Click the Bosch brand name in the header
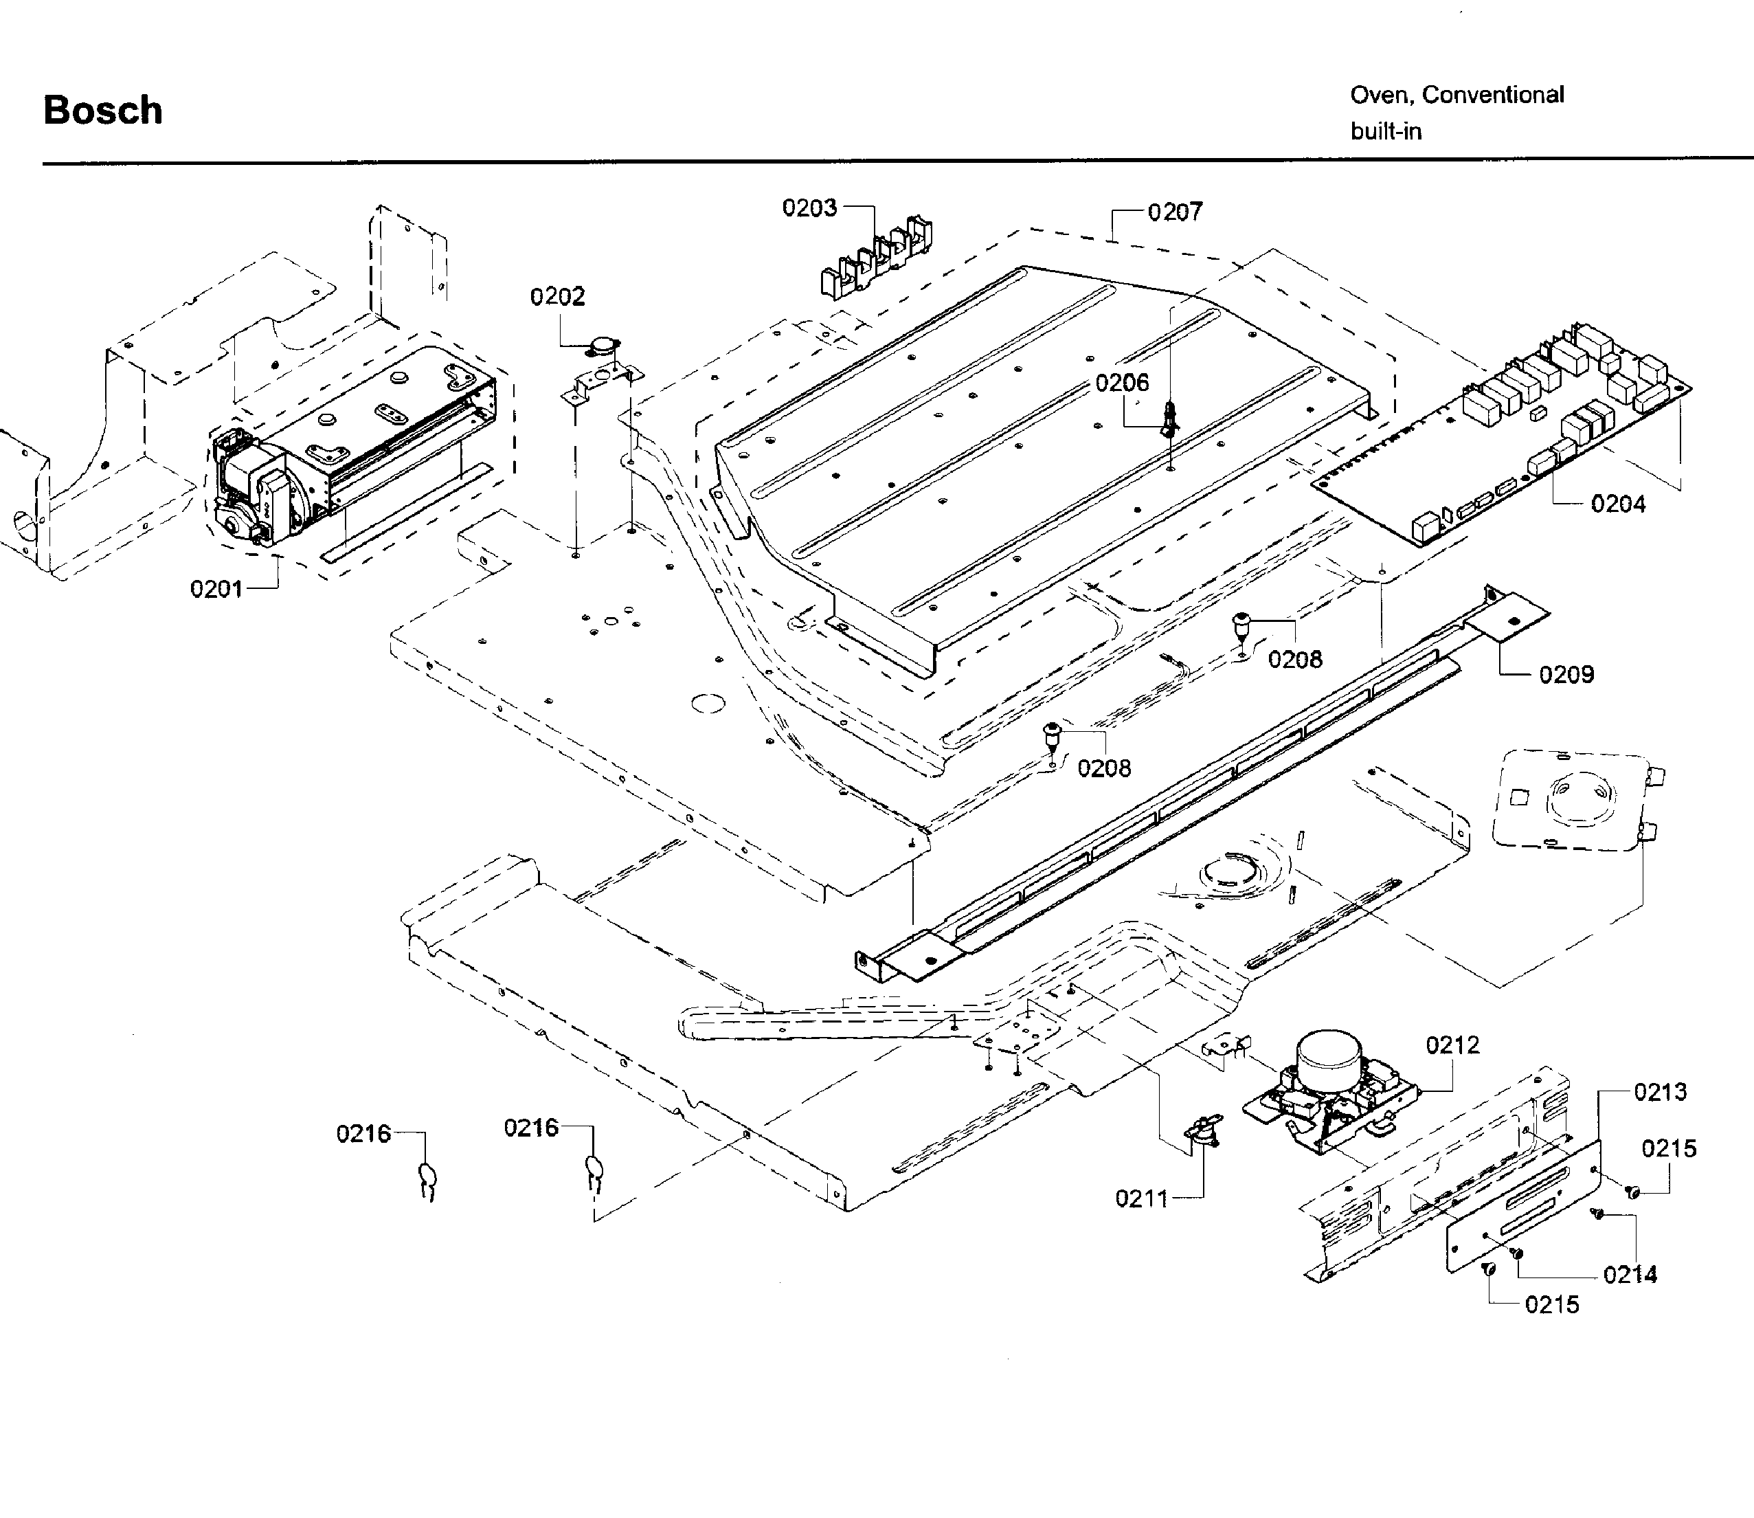click(x=102, y=111)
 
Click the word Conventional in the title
click(x=1492, y=95)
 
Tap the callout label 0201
click(x=217, y=589)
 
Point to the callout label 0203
click(x=809, y=208)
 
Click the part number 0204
click(x=1618, y=504)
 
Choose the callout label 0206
click(x=1122, y=383)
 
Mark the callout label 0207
click(x=1175, y=212)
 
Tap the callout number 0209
click(x=1566, y=674)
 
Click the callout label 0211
click(x=1142, y=1198)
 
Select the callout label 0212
click(x=1452, y=1045)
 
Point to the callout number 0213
click(x=1660, y=1092)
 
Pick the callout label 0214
click(x=1630, y=1275)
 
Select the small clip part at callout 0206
click(x=1169, y=419)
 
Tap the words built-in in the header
click(x=1386, y=132)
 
